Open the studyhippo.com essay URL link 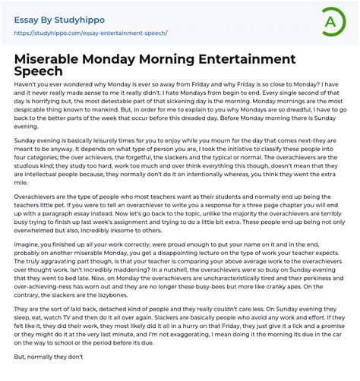tap(90, 33)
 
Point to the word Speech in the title tap(42, 73)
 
